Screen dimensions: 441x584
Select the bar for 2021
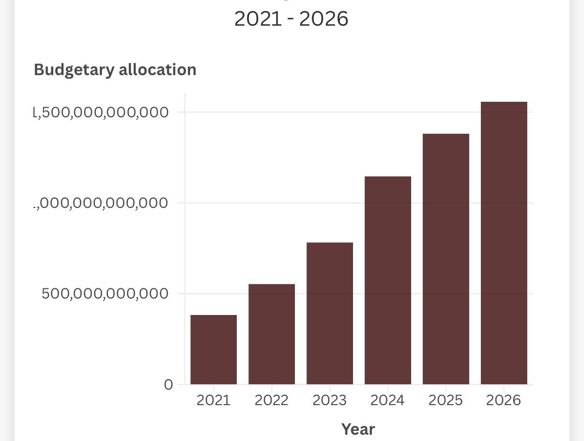[x=214, y=349]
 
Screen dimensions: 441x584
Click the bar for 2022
[x=272, y=334]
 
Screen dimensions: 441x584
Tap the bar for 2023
[x=330, y=313]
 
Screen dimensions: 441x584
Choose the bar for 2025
[x=446, y=259]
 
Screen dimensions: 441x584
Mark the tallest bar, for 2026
[x=504, y=243]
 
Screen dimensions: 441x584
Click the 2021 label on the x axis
[x=214, y=400]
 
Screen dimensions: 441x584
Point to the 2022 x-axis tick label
[x=272, y=400]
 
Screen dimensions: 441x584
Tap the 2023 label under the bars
[x=330, y=400]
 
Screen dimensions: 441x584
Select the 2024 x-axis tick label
[x=388, y=400]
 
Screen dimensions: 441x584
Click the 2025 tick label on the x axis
[x=446, y=400]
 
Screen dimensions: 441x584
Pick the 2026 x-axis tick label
[x=504, y=400]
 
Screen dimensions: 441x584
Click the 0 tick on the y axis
[x=169, y=385]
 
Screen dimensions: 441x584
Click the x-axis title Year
[x=358, y=429]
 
